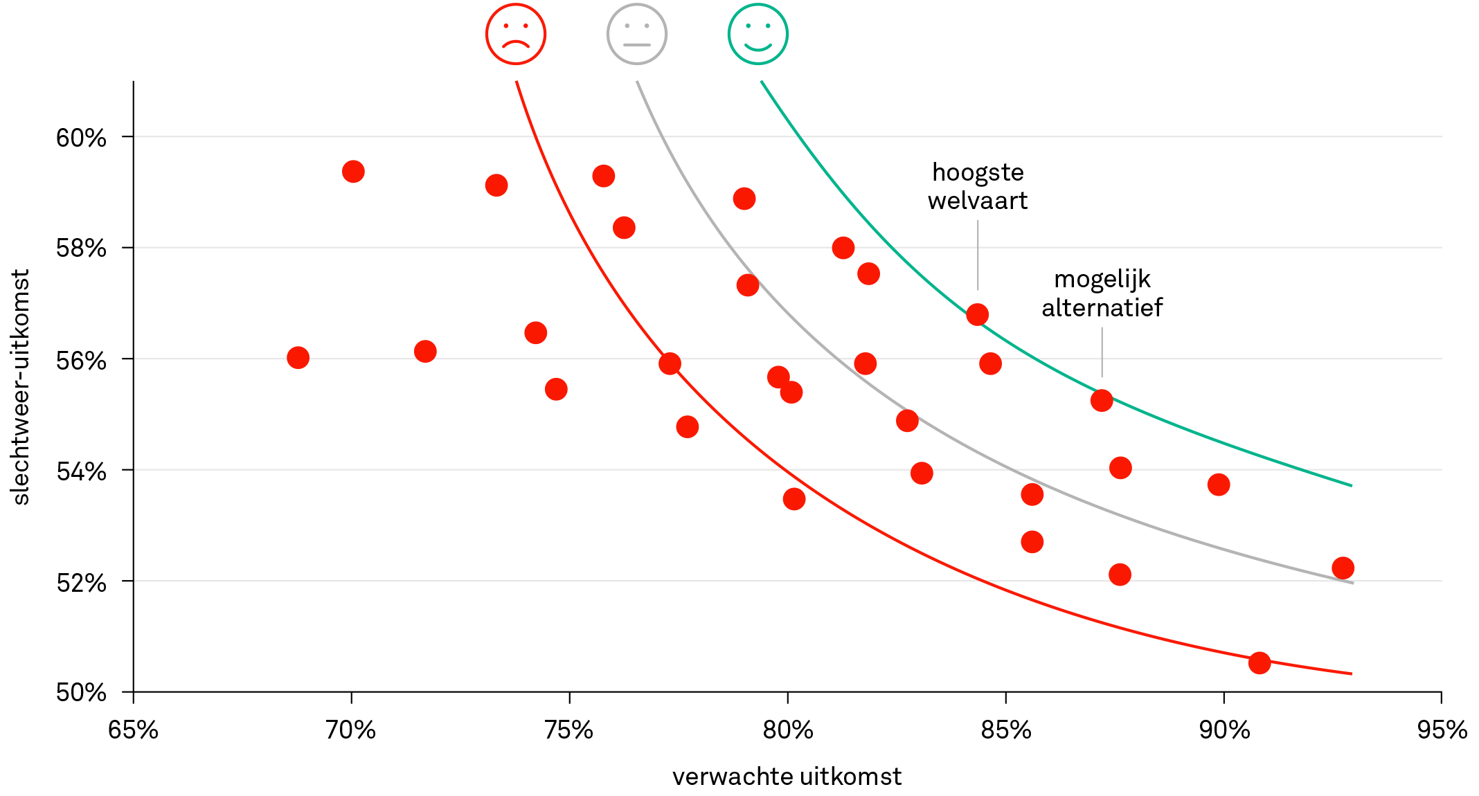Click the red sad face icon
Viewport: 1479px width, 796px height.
click(x=516, y=34)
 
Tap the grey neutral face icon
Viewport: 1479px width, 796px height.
click(x=637, y=34)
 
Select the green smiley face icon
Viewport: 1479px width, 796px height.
click(x=758, y=34)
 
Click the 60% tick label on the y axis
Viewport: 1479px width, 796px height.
click(x=81, y=138)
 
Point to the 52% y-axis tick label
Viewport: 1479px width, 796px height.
click(x=81, y=583)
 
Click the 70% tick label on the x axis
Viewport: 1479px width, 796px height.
click(x=351, y=730)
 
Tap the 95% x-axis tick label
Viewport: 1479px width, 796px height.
click(x=1442, y=730)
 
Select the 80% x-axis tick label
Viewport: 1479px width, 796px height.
click(x=788, y=730)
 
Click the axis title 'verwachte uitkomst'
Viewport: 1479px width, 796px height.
click(x=787, y=777)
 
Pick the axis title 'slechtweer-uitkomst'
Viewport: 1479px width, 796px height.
click(x=21, y=387)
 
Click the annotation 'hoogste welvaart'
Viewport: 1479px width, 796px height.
click(x=978, y=186)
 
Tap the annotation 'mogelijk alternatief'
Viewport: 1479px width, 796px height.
click(x=1102, y=293)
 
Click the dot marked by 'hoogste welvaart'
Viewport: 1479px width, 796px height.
click(x=977, y=315)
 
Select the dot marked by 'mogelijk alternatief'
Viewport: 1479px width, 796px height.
click(x=1102, y=401)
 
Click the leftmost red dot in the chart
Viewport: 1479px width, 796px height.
click(x=298, y=358)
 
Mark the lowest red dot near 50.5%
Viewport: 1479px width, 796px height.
click(x=1260, y=663)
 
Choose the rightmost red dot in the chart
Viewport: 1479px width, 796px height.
click(x=1343, y=568)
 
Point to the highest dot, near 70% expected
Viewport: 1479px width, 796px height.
click(x=353, y=172)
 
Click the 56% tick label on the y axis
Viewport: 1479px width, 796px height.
click(x=81, y=361)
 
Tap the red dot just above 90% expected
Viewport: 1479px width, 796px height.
click(x=1219, y=485)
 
